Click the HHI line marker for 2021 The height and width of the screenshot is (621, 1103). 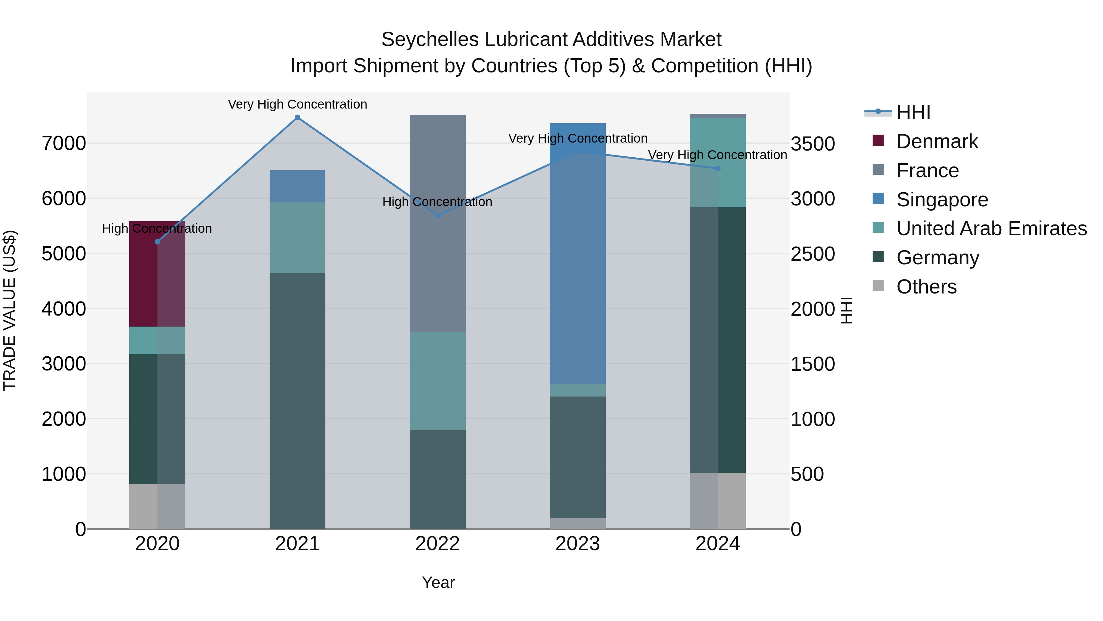[297, 117]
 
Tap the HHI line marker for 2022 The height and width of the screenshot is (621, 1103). [438, 216]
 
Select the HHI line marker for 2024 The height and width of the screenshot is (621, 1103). [718, 168]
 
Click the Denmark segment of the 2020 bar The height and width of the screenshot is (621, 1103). [157, 274]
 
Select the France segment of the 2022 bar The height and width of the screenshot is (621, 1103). [438, 223]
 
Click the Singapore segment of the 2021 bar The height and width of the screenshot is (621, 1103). [297, 186]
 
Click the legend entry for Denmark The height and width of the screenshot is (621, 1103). [937, 141]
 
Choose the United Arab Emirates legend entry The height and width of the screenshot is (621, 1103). [991, 228]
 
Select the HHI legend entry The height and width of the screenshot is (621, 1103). [913, 112]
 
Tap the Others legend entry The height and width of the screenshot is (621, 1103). [926, 287]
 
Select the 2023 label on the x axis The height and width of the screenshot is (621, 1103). [578, 544]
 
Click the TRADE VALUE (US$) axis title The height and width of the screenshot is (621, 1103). [9, 310]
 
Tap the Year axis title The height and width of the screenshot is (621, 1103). [438, 582]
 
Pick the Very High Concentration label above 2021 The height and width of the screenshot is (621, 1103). [297, 104]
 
